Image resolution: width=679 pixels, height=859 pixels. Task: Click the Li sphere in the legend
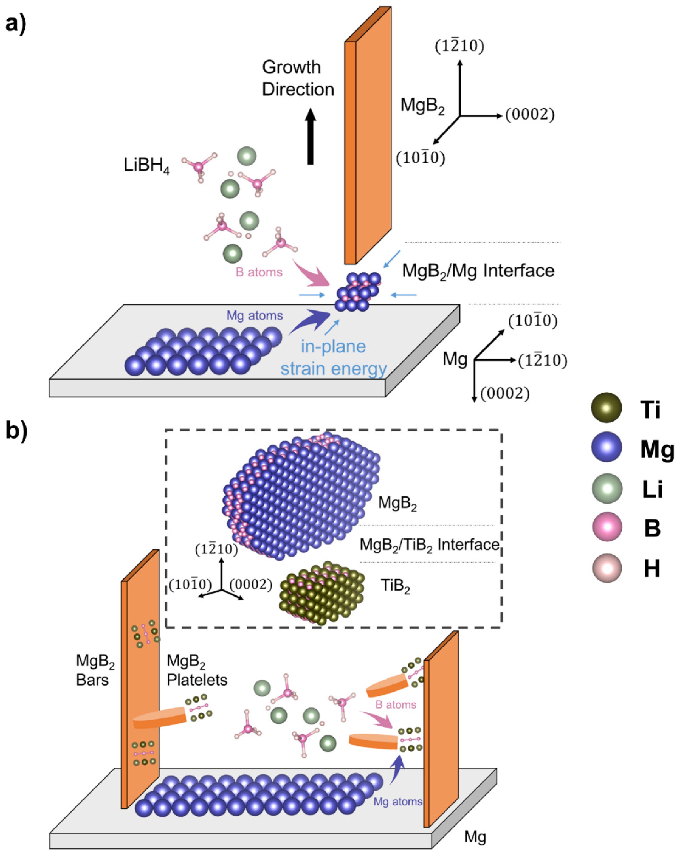(x=606, y=489)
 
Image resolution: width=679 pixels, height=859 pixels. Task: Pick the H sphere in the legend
(x=606, y=568)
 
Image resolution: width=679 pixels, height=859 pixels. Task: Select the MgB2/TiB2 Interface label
(x=429, y=544)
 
